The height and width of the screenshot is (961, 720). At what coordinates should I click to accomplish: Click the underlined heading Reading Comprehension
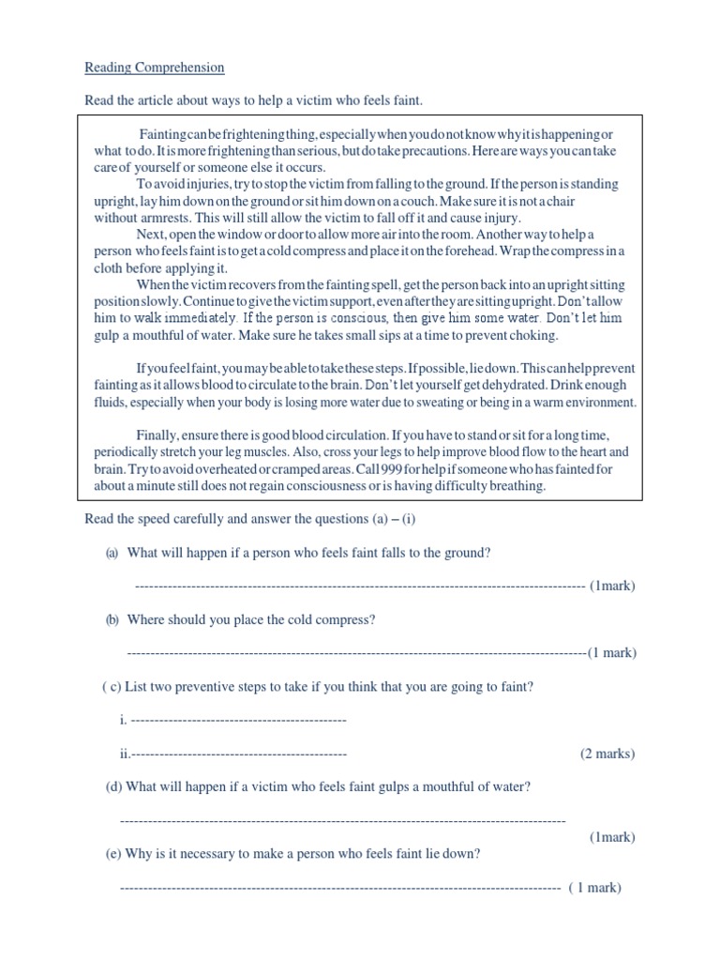click(155, 68)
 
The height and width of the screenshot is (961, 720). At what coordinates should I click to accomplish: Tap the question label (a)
click(111, 553)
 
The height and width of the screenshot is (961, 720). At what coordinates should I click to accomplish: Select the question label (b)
click(112, 619)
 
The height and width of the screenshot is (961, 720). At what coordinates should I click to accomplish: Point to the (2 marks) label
click(607, 754)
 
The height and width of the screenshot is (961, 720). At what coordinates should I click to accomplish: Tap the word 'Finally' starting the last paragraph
click(157, 435)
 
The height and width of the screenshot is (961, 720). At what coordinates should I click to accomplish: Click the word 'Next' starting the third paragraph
click(150, 234)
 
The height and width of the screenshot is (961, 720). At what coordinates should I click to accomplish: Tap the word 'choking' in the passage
click(561, 335)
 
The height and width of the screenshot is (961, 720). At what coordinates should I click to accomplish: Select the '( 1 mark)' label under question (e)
click(594, 887)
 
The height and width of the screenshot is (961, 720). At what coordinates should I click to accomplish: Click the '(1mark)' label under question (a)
click(612, 586)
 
